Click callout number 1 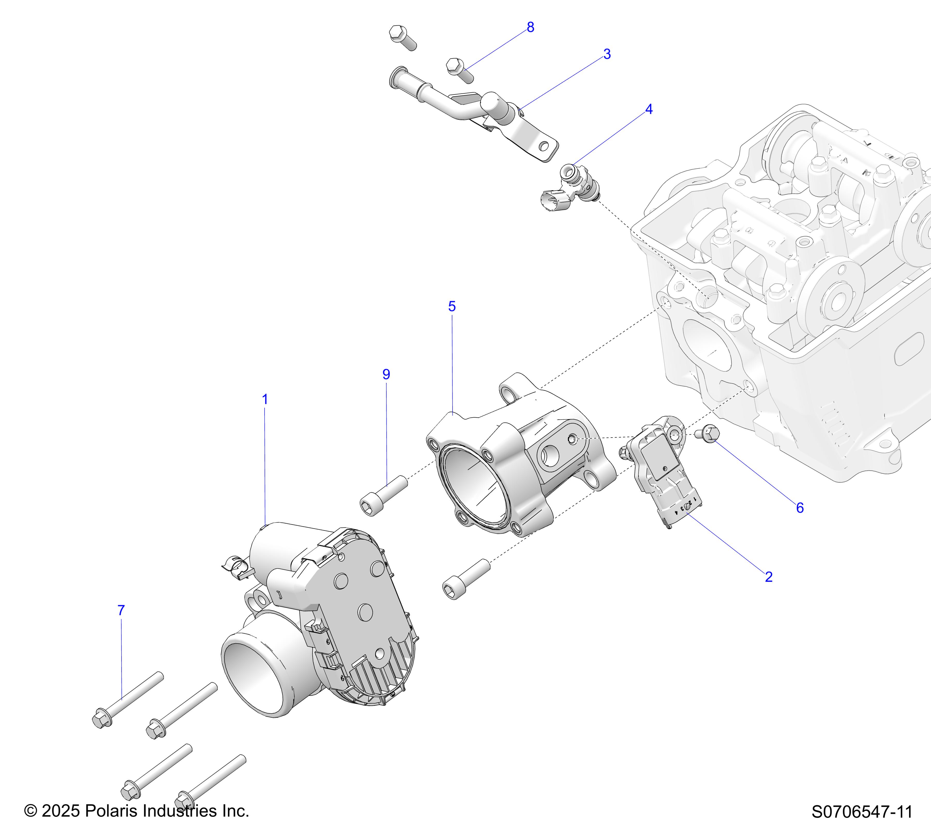(x=265, y=400)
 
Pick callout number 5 (x=452, y=307)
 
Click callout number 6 (x=800, y=508)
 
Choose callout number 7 (x=121, y=610)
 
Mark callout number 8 (x=530, y=27)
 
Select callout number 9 (x=386, y=375)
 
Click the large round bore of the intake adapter (x=474, y=487)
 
